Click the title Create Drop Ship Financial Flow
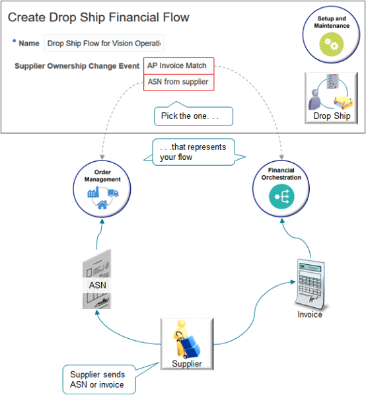click(98, 17)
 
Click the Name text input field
click(104, 44)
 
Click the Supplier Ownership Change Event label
click(77, 66)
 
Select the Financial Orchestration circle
click(281, 187)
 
